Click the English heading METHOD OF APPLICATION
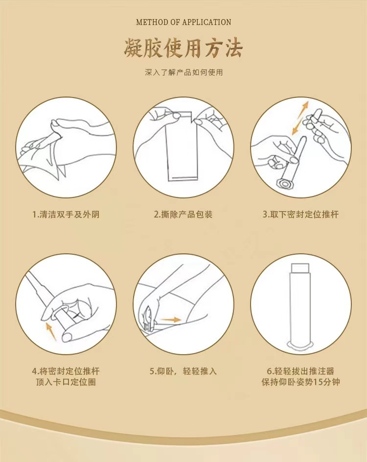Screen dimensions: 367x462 point(183,22)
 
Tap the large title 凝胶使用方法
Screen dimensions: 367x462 point(183,48)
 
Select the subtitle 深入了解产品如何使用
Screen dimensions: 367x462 point(183,72)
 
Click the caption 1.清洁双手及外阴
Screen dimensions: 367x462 point(66,214)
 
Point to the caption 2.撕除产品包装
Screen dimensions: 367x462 point(183,214)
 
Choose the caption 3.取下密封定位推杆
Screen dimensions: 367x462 point(300,214)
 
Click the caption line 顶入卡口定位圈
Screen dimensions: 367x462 point(66,382)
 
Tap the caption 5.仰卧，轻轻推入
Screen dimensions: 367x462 point(183,371)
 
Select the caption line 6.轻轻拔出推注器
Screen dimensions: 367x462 point(300,371)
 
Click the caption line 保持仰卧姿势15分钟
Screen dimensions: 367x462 point(300,382)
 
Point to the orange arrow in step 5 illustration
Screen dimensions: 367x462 point(171,320)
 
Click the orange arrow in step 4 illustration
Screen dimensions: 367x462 point(51,332)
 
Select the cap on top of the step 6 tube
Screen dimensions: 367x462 point(300,268)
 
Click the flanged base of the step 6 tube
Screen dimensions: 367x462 point(300,345)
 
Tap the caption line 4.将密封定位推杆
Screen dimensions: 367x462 point(66,371)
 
